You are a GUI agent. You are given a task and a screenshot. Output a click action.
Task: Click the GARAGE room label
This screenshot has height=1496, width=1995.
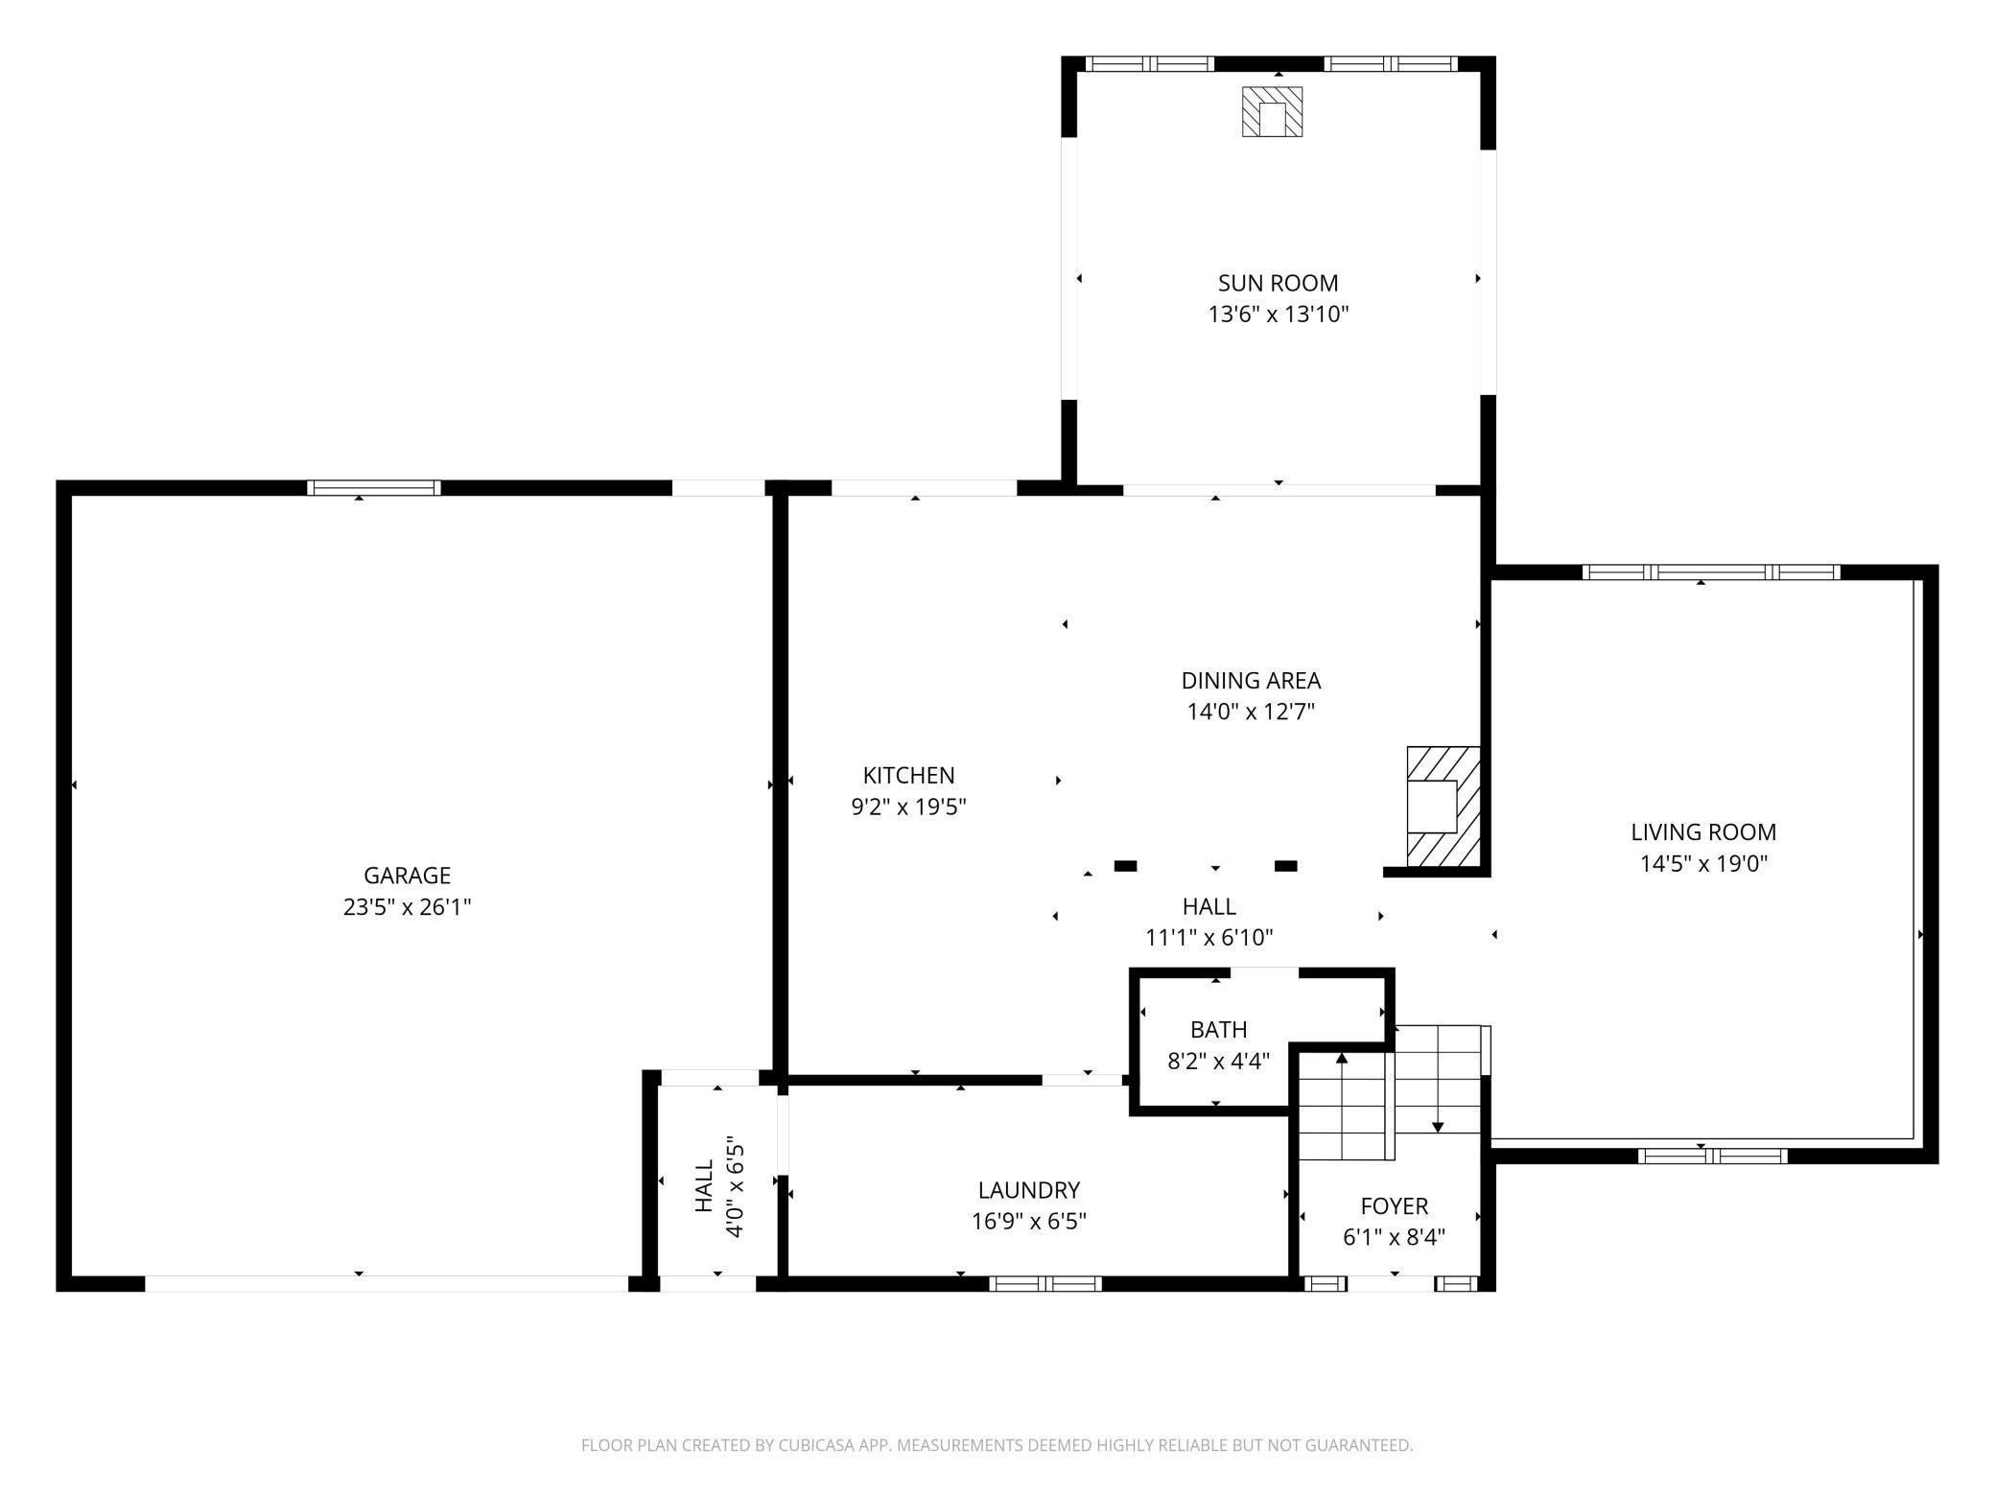(x=407, y=875)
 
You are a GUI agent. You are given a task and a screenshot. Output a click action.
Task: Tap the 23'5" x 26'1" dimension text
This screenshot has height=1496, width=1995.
(x=407, y=906)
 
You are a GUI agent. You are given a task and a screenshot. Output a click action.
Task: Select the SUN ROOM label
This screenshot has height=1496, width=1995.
(x=1278, y=283)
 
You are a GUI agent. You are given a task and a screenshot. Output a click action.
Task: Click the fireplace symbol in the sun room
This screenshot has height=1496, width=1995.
(x=1272, y=111)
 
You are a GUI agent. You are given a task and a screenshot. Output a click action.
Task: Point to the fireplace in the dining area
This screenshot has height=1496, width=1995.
(x=1443, y=806)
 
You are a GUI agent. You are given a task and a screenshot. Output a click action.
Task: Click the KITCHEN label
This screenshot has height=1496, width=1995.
(x=908, y=775)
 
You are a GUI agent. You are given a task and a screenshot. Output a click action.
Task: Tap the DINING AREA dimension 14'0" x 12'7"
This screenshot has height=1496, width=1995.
(x=1251, y=712)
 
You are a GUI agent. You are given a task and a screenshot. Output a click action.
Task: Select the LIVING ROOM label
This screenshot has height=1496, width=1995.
(x=1703, y=831)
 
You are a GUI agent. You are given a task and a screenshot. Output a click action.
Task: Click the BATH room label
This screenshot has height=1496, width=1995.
(x=1218, y=1029)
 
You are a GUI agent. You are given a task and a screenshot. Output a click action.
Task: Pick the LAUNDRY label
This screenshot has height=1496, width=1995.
(x=1028, y=1189)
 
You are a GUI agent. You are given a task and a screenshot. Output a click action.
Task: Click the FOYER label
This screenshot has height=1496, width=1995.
(x=1394, y=1205)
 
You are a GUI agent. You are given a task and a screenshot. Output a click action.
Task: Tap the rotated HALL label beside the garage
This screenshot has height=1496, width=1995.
(x=705, y=1185)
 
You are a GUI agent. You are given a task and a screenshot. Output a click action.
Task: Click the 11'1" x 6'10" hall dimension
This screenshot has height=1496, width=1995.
(x=1209, y=937)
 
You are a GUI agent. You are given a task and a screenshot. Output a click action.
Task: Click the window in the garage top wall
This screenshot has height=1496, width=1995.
(x=374, y=487)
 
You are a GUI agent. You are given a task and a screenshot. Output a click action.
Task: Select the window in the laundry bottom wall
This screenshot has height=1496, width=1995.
(x=1045, y=1283)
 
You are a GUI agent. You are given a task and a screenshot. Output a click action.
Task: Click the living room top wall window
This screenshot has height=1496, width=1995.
(x=1710, y=573)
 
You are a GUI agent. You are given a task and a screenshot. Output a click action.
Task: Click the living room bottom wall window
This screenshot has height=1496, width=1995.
(x=1712, y=1156)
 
